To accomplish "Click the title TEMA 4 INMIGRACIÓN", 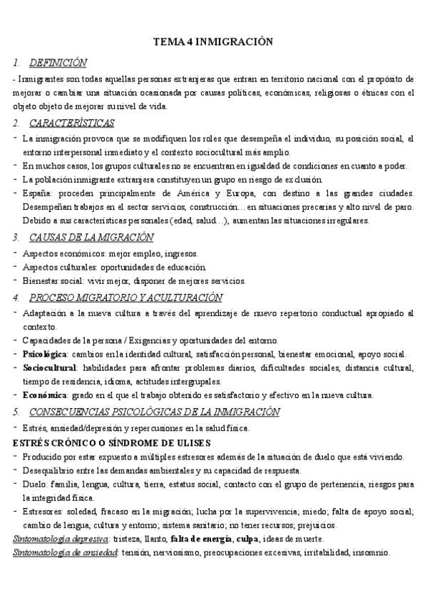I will tap(213, 42).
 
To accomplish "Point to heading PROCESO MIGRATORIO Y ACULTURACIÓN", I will tap(125, 297).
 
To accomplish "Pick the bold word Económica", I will tap(43, 395).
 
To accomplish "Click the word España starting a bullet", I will tap(37, 193).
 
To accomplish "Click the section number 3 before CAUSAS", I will tap(16, 237).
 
